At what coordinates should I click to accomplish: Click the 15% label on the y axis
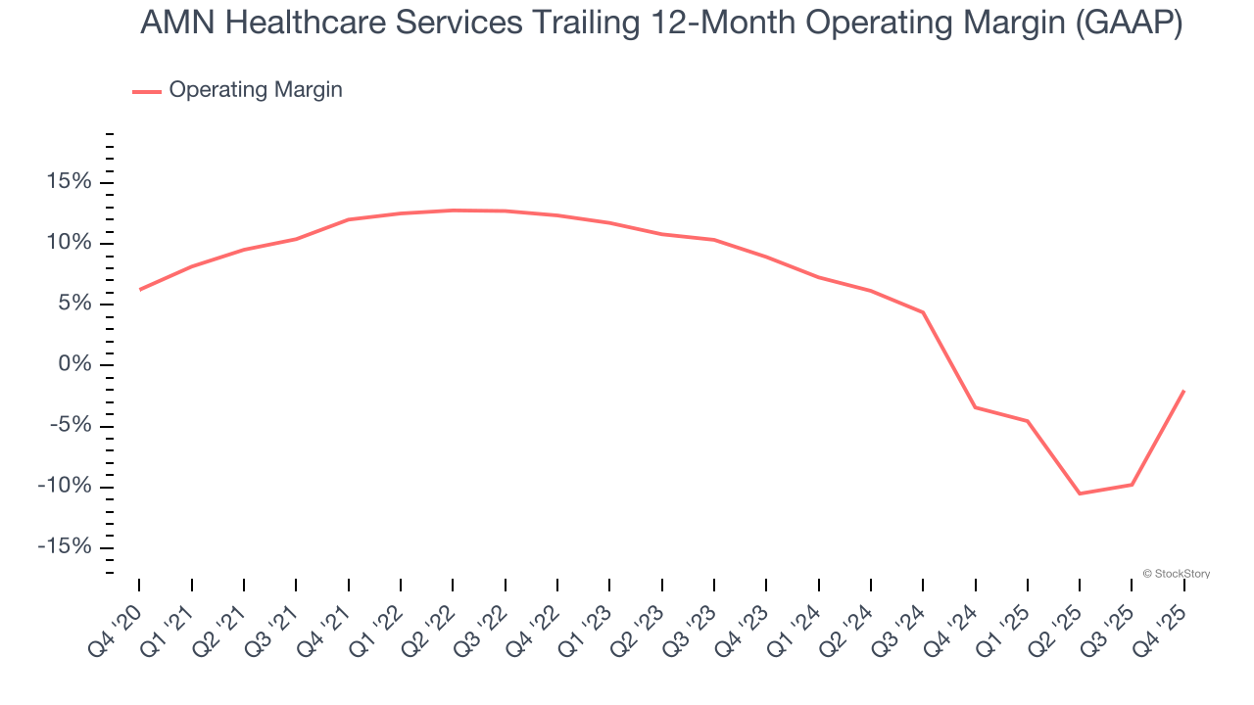coord(67,182)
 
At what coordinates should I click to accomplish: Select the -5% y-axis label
coord(69,425)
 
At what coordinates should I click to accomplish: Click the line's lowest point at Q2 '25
coord(1080,493)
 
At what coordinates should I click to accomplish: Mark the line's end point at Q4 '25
coord(1184,391)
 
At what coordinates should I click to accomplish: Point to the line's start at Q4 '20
coord(139,290)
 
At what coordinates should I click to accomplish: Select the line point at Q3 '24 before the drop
coord(923,312)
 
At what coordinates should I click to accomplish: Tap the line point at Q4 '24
coord(976,407)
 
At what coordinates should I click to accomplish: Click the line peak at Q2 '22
coord(453,210)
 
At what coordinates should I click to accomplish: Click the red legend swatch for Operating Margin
coord(146,91)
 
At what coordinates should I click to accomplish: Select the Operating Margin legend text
coord(256,90)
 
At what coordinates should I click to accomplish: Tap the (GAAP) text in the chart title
coord(1129,23)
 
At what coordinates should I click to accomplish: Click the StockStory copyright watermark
coord(1176,574)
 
